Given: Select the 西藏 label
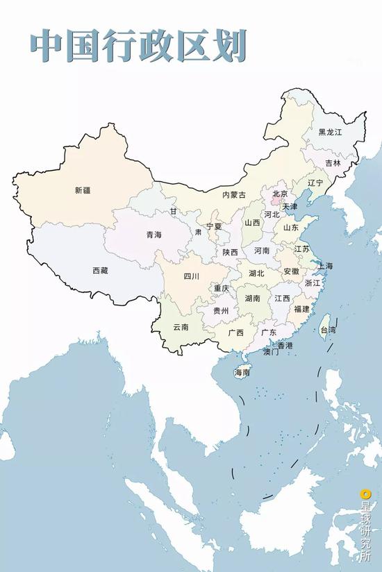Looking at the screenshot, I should click(x=100, y=271).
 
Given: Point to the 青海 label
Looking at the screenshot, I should click(x=153, y=235).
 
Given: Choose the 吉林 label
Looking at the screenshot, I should click(x=333, y=163).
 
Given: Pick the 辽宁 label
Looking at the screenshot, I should click(x=315, y=183).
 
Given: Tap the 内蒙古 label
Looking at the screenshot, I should click(x=233, y=195).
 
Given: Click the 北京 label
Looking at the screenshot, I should click(x=280, y=194).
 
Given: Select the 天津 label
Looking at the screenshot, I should click(x=290, y=207).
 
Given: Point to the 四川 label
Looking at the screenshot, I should click(x=191, y=276).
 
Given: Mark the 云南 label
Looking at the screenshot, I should click(x=181, y=326).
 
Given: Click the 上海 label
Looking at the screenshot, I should click(x=325, y=266).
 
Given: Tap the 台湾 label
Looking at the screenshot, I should click(x=326, y=330).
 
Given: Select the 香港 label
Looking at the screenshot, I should click(x=285, y=345).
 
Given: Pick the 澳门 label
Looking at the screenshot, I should click(x=271, y=352).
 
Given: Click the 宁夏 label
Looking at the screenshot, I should click(x=213, y=226).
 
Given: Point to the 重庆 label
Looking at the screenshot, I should click(x=221, y=288).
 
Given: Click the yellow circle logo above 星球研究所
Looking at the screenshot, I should click(x=365, y=494).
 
